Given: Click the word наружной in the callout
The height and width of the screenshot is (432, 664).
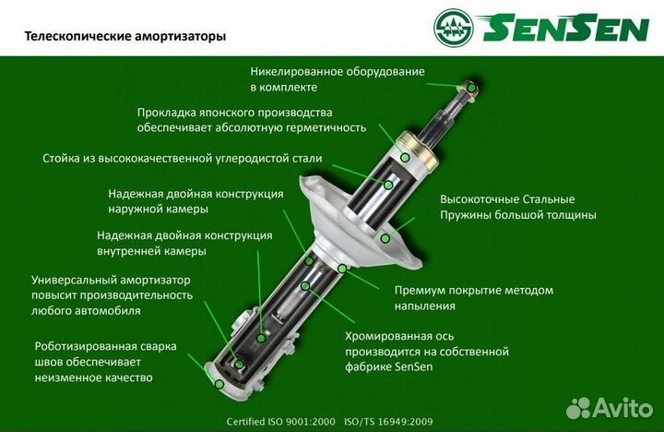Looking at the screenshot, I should [x=136, y=209].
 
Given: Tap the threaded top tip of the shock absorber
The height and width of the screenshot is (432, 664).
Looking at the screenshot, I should [x=471, y=88].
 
